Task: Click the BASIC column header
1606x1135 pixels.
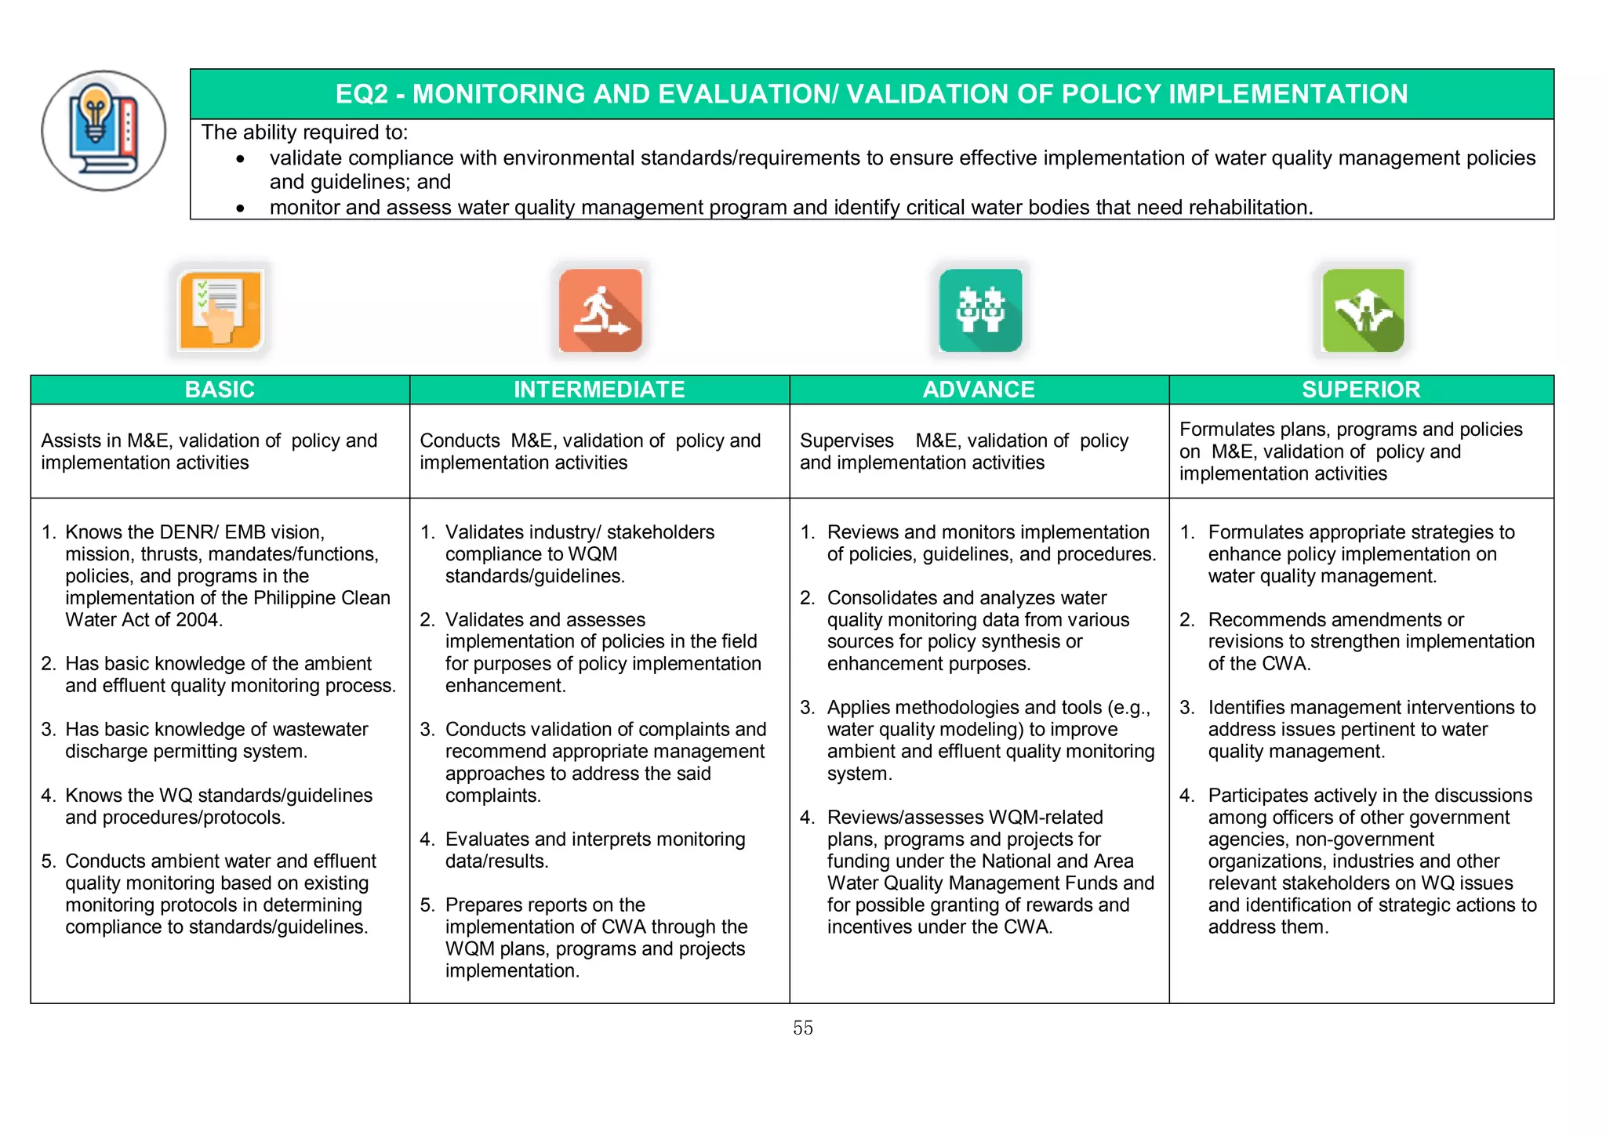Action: point(220,390)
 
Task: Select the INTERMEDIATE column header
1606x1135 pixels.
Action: point(599,390)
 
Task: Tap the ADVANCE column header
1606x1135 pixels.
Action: point(979,390)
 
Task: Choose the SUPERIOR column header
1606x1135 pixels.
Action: point(1361,390)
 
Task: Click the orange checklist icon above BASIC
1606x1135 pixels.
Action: point(220,310)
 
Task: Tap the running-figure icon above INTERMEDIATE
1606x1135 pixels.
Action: point(601,310)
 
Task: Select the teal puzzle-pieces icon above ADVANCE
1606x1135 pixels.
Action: point(980,310)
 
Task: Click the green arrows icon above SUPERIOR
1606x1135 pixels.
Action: point(1363,310)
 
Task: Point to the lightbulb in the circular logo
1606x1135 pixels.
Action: point(96,110)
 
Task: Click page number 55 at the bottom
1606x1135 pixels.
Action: point(803,1028)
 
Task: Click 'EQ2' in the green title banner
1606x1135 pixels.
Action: point(362,94)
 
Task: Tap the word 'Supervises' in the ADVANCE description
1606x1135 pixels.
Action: point(846,441)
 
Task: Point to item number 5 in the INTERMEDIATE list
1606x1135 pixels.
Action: point(427,905)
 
